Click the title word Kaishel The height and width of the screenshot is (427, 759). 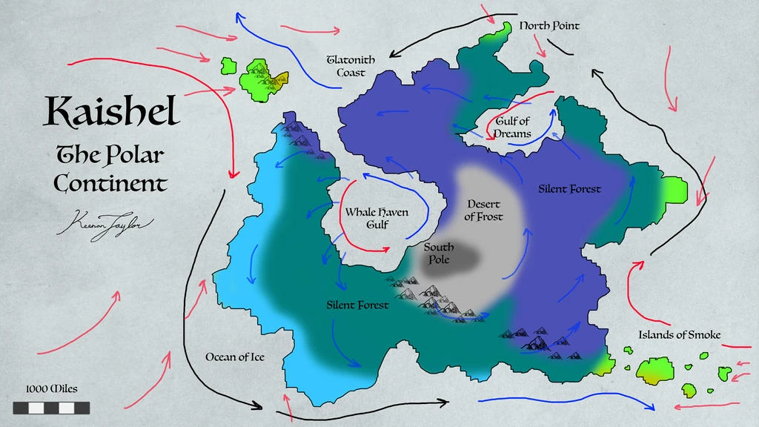(112, 111)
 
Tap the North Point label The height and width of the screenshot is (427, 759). (548, 26)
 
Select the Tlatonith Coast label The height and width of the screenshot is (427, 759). (351, 66)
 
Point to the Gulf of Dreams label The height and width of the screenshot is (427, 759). (513, 128)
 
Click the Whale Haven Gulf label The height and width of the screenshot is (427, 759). (377, 218)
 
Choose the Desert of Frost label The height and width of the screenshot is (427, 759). (483, 211)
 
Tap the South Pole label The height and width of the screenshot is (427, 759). (439, 254)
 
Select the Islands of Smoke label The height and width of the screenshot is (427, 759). (679, 335)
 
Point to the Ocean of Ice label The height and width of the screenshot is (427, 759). (235, 357)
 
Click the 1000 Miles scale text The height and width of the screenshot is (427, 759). (51, 388)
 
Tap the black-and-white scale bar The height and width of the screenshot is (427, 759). (51, 408)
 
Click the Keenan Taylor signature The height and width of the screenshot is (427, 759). (103, 222)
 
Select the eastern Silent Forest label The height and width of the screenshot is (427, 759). (569, 189)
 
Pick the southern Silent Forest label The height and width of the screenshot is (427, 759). (357, 305)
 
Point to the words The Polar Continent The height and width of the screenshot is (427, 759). (110, 169)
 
